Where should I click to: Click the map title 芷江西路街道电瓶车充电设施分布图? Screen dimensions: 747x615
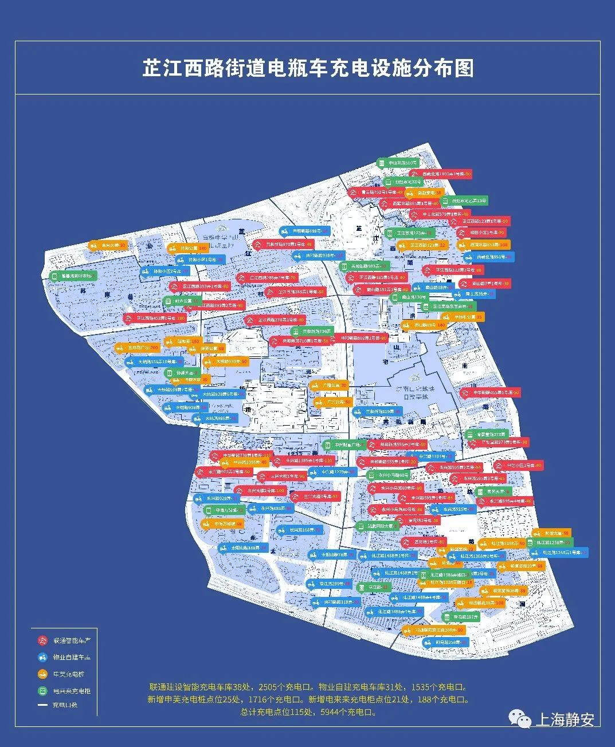pos(308,68)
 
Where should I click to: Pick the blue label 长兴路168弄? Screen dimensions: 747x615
pos(299,530)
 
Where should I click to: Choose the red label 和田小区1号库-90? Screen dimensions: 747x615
pos(481,233)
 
